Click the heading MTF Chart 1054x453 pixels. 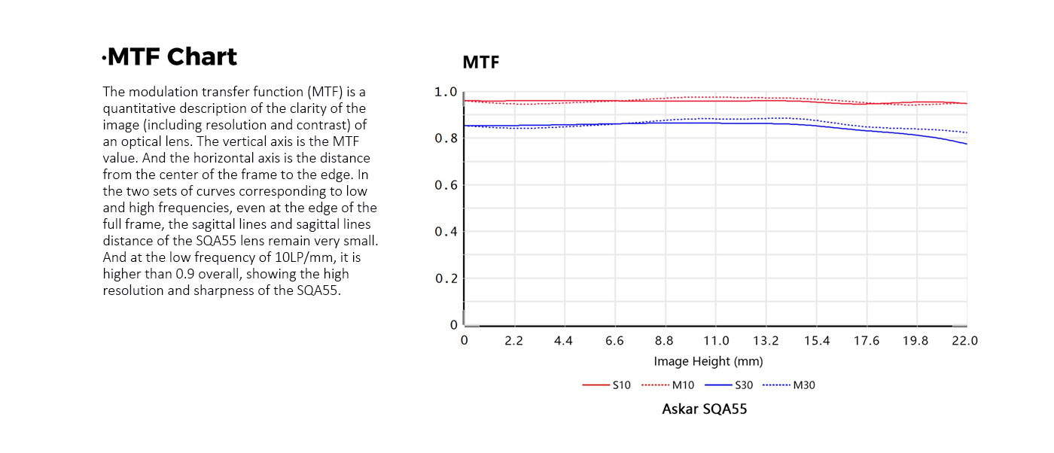pos(172,57)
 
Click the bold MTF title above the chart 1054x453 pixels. pos(480,62)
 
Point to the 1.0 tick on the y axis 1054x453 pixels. pos(446,92)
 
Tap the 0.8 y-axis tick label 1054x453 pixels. pos(446,138)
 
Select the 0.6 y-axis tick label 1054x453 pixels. pos(446,185)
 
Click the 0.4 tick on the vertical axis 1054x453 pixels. pos(446,232)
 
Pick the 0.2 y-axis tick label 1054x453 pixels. pos(446,278)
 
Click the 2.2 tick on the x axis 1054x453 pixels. pos(513,341)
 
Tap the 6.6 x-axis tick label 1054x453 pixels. pos(614,341)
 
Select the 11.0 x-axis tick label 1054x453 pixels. pos(715,341)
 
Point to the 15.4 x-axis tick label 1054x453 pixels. pos(816,341)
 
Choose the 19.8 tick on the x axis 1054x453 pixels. pos(915,341)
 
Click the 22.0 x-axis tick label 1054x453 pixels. pos(964,341)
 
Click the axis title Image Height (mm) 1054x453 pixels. pos(708,361)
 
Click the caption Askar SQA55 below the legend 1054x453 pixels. pos(704,409)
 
